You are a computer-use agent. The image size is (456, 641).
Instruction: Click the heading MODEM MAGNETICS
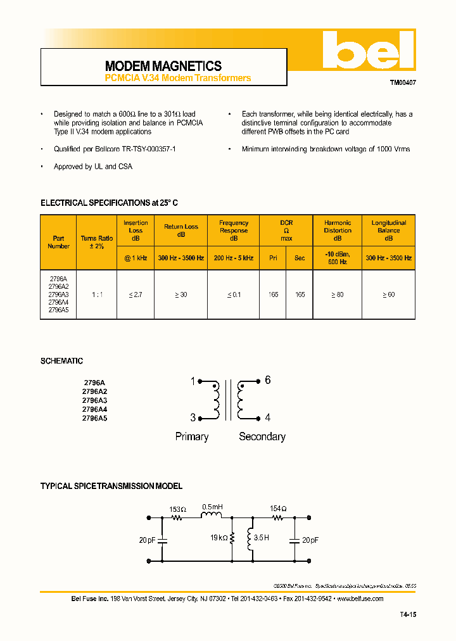(x=163, y=66)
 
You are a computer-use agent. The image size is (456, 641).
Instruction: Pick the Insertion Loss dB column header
(x=136, y=231)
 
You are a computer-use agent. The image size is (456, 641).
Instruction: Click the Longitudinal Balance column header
(x=389, y=231)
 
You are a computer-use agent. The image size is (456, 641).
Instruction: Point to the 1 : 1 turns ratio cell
(x=97, y=295)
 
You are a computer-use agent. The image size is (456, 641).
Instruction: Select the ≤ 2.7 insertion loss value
(x=136, y=295)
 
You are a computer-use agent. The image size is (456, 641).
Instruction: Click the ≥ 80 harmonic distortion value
(x=338, y=295)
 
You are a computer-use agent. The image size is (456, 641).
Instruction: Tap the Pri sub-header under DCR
(x=273, y=258)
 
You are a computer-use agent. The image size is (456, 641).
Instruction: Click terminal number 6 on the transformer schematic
(x=268, y=380)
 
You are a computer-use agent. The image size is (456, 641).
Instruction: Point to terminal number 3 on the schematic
(x=193, y=417)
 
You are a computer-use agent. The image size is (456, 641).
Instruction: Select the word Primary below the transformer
(x=192, y=436)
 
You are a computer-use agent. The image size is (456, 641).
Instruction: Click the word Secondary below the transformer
(x=262, y=436)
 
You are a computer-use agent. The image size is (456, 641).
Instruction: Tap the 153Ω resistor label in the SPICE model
(x=178, y=509)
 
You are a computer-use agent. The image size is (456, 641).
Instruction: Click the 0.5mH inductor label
(x=212, y=507)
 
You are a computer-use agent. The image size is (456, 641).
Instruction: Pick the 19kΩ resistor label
(x=218, y=538)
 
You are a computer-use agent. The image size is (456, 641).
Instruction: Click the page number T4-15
(x=408, y=614)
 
